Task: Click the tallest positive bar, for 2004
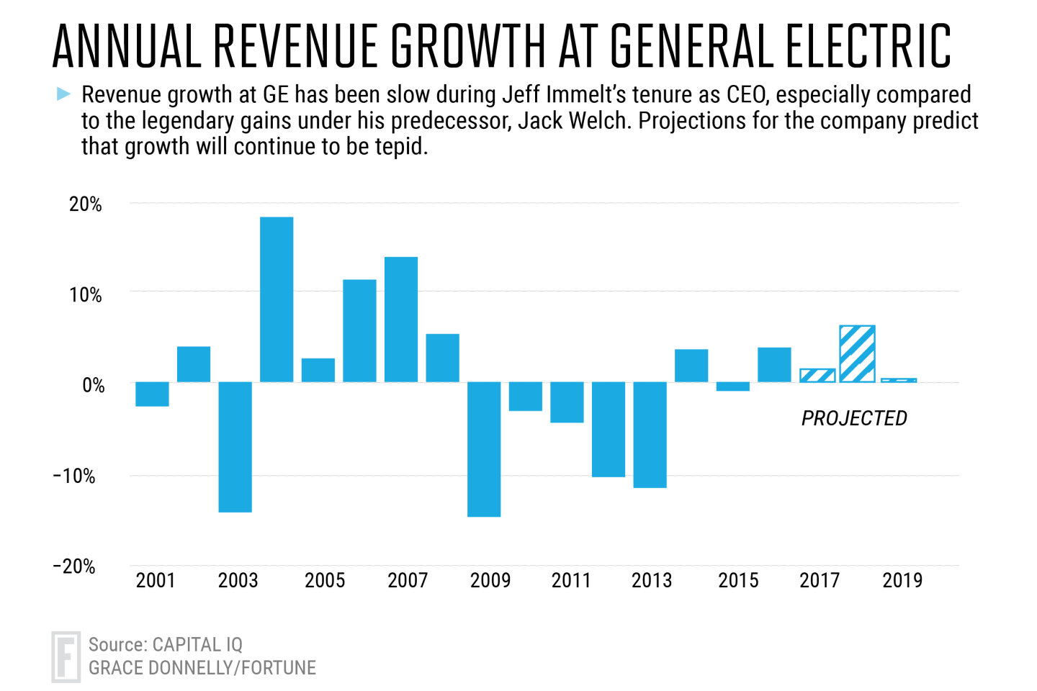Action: [x=277, y=299]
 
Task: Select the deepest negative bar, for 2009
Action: [x=484, y=449]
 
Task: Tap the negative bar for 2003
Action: [x=235, y=447]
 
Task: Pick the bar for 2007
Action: [x=401, y=320]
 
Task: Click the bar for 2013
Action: [x=650, y=435]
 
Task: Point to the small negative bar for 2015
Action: [x=733, y=387]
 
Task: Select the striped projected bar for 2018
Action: [x=857, y=353]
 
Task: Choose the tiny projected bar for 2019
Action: [x=899, y=380]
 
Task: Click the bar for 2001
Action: [x=153, y=394]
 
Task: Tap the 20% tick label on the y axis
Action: [x=86, y=204]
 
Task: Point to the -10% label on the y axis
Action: [x=74, y=476]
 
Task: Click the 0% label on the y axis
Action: [x=93, y=386]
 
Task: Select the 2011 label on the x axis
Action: [x=571, y=580]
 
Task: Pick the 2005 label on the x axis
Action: [x=325, y=580]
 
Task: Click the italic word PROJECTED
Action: [x=854, y=418]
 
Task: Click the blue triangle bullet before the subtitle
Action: [x=63, y=94]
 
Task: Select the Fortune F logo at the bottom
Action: [x=66, y=656]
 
